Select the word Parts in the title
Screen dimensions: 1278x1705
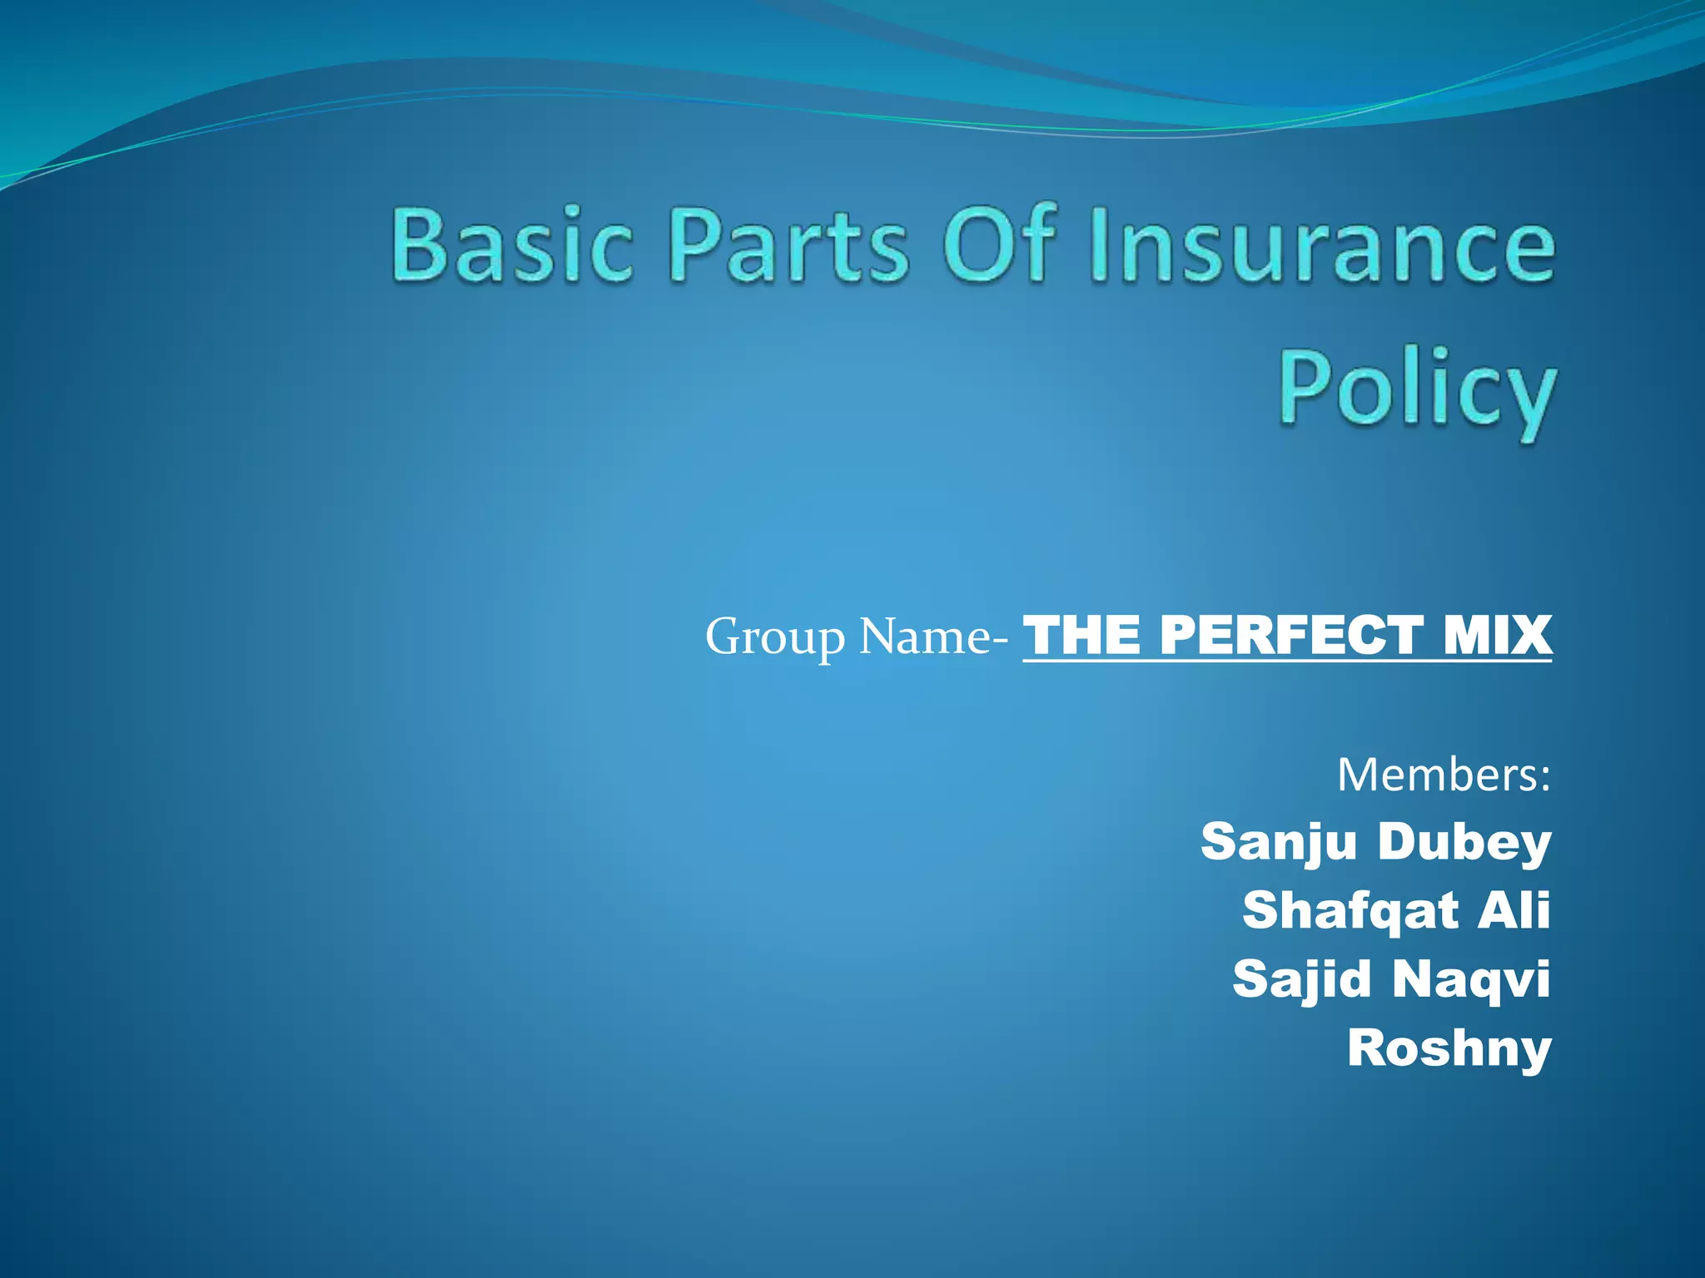pyautogui.click(x=788, y=245)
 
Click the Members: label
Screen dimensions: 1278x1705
pyautogui.click(x=1444, y=775)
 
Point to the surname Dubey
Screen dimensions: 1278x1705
pyautogui.click(x=1464, y=842)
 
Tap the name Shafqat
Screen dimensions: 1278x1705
pyautogui.click(x=1350, y=911)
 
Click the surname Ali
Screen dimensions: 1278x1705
pyautogui.click(x=1514, y=909)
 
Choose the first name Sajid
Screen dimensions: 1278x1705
pyautogui.click(x=1301, y=978)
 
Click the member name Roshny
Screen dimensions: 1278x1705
pyautogui.click(x=1449, y=1048)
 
